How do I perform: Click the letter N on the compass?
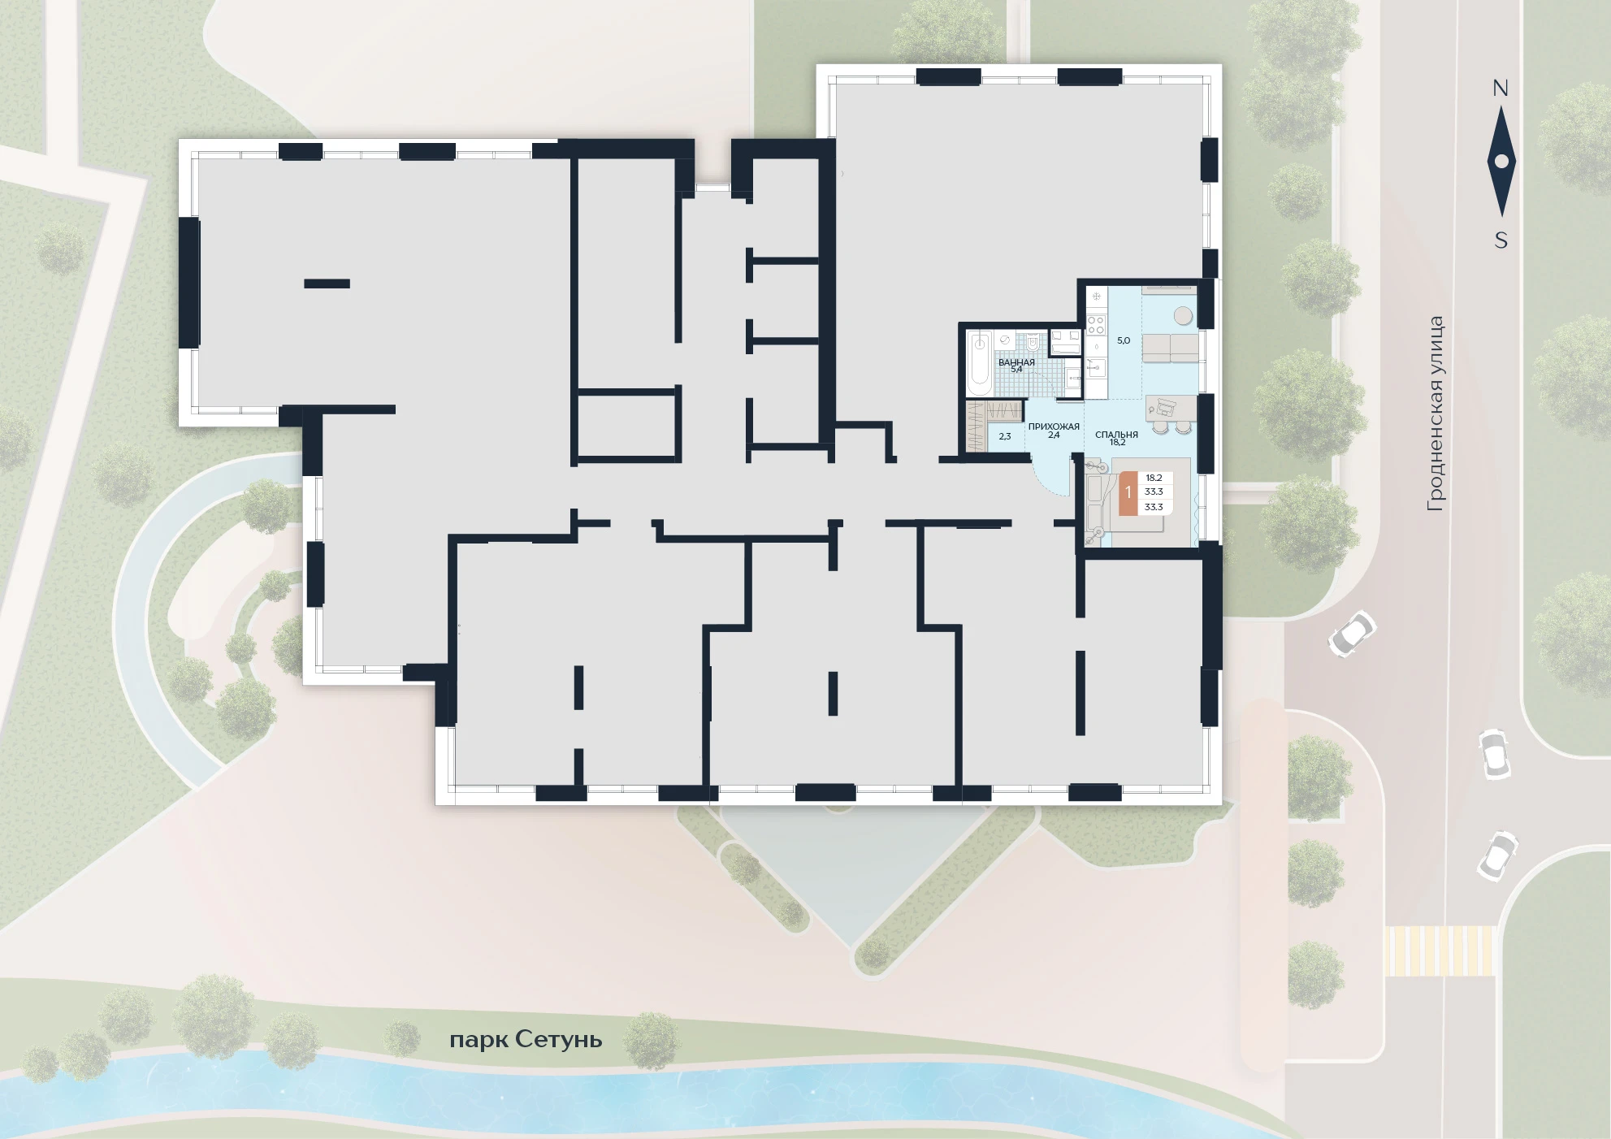click(1501, 89)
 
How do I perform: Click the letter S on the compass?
click(1501, 240)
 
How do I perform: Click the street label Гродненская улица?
click(1436, 414)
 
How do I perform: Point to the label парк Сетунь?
click(526, 1040)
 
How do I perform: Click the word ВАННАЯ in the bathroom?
click(1016, 362)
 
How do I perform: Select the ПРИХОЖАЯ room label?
click(1054, 427)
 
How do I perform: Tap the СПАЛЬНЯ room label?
click(1116, 435)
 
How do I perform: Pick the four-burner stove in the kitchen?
click(1096, 325)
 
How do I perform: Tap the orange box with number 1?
click(1128, 492)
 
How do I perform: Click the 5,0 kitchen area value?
click(1124, 341)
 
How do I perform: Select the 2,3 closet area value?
click(1005, 436)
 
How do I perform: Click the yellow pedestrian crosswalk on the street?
click(1440, 951)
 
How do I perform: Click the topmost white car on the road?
click(1352, 633)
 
